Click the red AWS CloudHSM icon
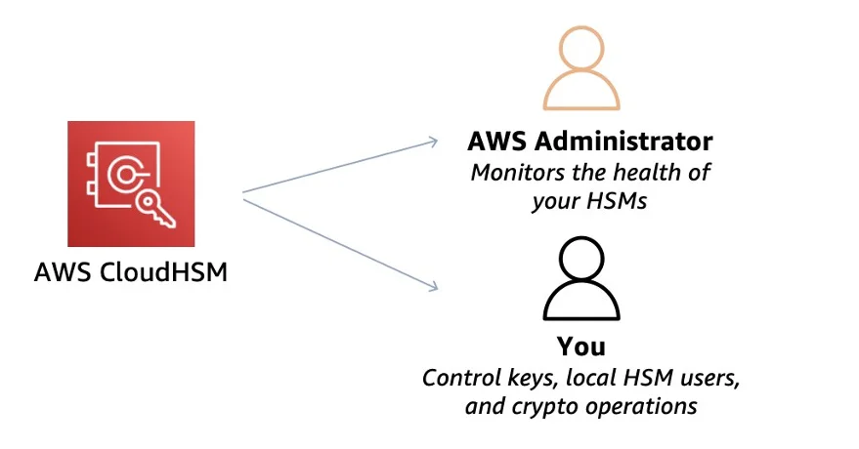[x=131, y=184]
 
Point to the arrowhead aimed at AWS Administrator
[x=432, y=143]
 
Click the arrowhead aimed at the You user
[x=432, y=286]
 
